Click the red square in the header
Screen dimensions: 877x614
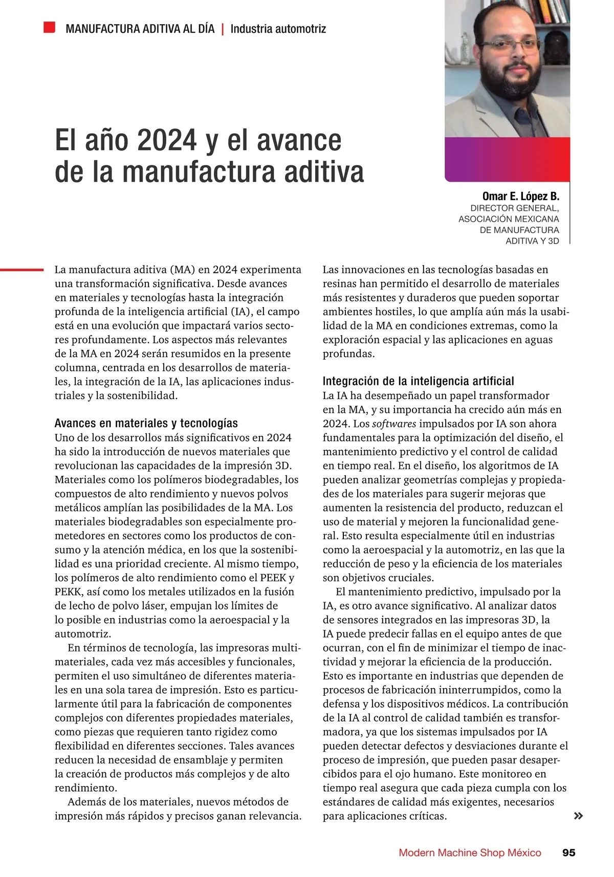click(x=49, y=27)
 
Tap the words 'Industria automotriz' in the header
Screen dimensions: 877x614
click(x=278, y=29)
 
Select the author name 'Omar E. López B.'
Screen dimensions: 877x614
click(x=520, y=196)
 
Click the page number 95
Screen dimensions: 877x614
click(x=568, y=852)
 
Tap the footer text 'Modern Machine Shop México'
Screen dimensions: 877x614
click(x=470, y=852)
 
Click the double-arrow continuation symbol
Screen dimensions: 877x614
click(x=578, y=816)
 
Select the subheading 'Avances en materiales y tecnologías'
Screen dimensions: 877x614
click(x=146, y=423)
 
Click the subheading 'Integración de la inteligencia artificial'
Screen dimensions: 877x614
click(x=418, y=381)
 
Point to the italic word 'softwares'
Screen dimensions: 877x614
click(x=394, y=424)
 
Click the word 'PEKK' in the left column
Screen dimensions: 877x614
click(x=68, y=592)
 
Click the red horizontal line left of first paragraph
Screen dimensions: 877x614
click(x=21, y=270)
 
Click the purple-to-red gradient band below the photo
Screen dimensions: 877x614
click(x=507, y=159)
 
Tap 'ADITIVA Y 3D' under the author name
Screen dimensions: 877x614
click(x=532, y=241)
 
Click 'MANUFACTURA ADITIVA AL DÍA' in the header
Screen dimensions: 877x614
click(x=140, y=29)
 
